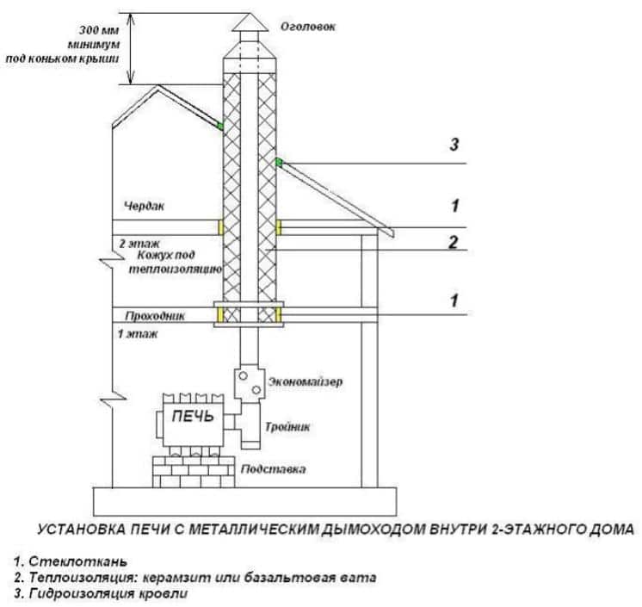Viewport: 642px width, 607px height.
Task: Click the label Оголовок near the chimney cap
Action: [x=307, y=28]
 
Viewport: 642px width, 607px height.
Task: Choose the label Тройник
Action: [x=288, y=425]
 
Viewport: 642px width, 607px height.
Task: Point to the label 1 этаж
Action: [x=137, y=331]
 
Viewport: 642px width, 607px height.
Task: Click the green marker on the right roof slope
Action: [x=279, y=163]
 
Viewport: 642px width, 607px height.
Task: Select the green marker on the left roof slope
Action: [x=220, y=127]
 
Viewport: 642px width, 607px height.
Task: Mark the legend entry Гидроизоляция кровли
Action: [x=100, y=592]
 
